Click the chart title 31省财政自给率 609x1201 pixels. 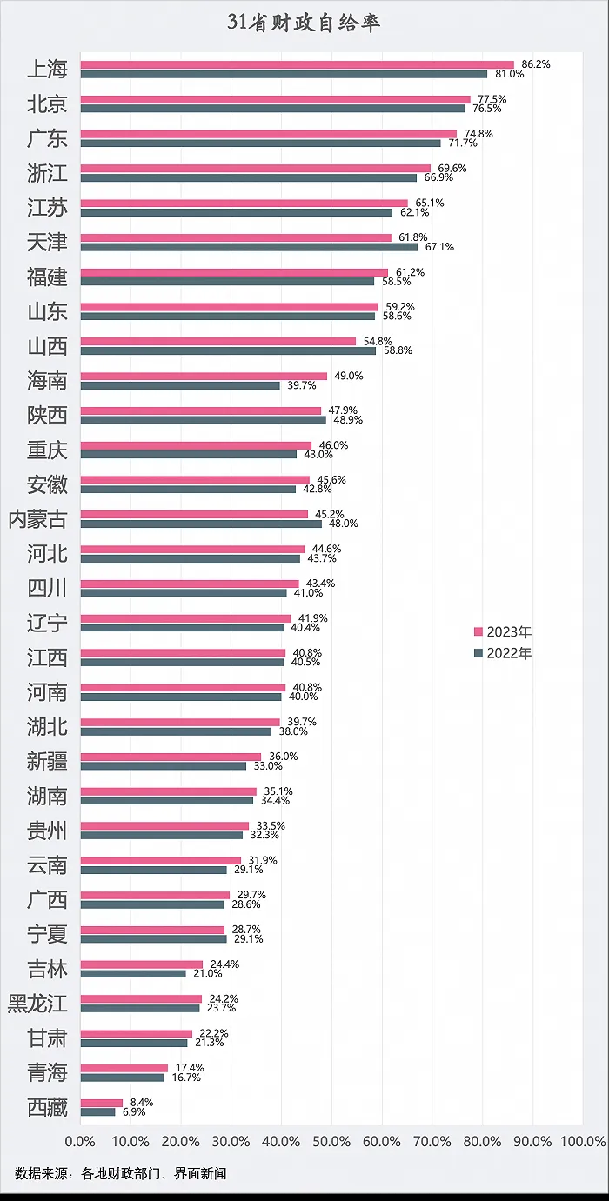point(304,23)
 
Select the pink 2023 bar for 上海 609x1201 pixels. point(297,65)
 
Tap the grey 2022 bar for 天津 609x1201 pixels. point(249,247)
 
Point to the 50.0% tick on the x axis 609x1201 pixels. point(331,1141)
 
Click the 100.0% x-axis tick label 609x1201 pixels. point(583,1141)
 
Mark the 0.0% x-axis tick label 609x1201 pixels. point(80,1141)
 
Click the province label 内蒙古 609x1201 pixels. point(37,519)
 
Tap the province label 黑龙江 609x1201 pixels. point(37,1003)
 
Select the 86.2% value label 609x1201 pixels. point(536,64)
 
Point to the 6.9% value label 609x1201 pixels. point(134,1111)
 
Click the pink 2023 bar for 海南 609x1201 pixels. point(204,376)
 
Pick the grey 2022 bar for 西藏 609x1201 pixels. point(97,1111)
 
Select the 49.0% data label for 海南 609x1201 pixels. point(349,376)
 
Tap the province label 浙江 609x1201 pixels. point(47,173)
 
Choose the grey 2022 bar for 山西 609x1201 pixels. point(228,350)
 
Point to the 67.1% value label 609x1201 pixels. point(439,247)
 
